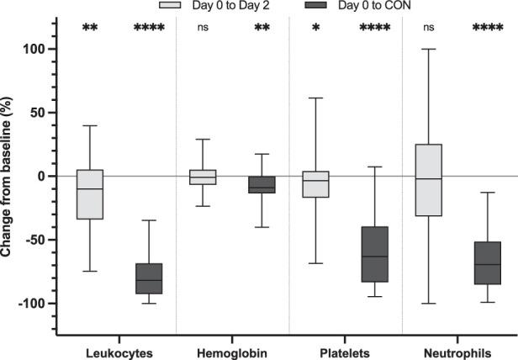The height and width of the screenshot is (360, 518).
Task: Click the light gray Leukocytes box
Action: point(90,194)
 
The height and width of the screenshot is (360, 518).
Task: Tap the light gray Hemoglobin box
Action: point(203,177)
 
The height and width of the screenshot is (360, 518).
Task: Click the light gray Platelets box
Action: point(315,184)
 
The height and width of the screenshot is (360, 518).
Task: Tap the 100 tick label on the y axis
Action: point(38,49)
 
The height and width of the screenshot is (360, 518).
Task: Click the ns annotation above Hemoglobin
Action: point(203,29)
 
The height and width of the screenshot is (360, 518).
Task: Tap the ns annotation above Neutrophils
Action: point(428,29)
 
